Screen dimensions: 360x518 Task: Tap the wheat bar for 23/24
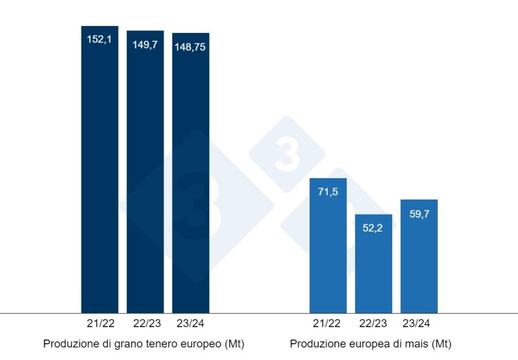[191, 173]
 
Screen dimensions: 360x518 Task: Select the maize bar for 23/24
[419, 256]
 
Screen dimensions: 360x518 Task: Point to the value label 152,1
[100, 40]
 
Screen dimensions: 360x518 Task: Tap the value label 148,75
[191, 47]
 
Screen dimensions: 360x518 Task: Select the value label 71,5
[328, 192]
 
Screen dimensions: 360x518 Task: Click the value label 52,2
[373, 228]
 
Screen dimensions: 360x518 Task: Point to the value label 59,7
[419, 213]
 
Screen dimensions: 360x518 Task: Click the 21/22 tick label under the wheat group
[100, 323]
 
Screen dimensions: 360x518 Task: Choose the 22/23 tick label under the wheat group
[145, 323]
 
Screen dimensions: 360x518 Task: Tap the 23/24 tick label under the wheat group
[191, 323]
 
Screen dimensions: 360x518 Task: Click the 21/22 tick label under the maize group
[328, 323]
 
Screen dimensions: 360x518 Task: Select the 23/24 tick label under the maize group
[419, 323]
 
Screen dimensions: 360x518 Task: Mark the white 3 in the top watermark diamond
[287, 155]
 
